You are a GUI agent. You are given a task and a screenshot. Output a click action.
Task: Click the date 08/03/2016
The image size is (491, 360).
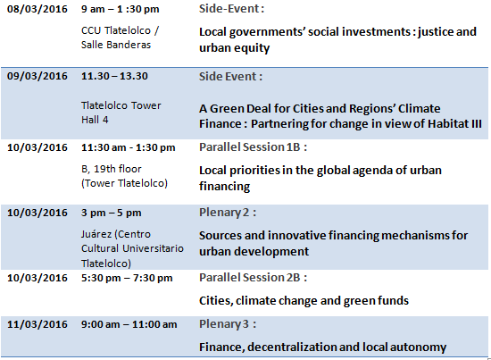click(37, 9)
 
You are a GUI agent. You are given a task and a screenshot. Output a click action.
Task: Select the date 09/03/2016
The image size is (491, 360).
click(37, 76)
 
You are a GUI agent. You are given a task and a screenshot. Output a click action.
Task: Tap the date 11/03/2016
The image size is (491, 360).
click(37, 324)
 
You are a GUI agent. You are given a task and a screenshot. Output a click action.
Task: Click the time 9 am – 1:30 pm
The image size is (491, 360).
click(121, 9)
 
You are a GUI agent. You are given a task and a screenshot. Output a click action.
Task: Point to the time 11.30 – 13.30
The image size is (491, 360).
click(114, 76)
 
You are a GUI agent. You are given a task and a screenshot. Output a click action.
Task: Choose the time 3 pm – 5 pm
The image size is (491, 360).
click(112, 213)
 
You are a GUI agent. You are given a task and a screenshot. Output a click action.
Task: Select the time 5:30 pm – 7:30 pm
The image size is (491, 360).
click(127, 278)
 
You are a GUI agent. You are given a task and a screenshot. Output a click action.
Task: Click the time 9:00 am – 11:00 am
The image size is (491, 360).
click(129, 324)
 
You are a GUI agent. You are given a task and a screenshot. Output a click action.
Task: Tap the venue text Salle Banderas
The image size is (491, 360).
click(116, 45)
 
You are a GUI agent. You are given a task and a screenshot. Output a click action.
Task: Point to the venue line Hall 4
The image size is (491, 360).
click(95, 120)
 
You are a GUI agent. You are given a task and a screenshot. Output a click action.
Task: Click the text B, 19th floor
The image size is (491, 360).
click(112, 169)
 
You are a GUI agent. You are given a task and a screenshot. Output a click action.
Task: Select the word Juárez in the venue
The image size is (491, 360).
click(96, 234)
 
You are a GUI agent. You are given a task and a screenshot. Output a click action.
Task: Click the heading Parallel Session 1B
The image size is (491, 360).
click(253, 147)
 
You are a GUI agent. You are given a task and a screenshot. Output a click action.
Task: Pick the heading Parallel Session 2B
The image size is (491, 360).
click(253, 277)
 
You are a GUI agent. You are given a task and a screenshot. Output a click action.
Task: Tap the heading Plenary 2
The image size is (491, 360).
click(228, 213)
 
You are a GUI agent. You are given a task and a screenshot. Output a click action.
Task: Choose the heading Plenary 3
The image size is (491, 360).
click(228, 324)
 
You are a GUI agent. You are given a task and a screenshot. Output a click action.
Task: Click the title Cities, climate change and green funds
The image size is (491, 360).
click(304, 300)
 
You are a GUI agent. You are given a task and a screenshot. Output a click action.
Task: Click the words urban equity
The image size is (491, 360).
click(234, 48)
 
